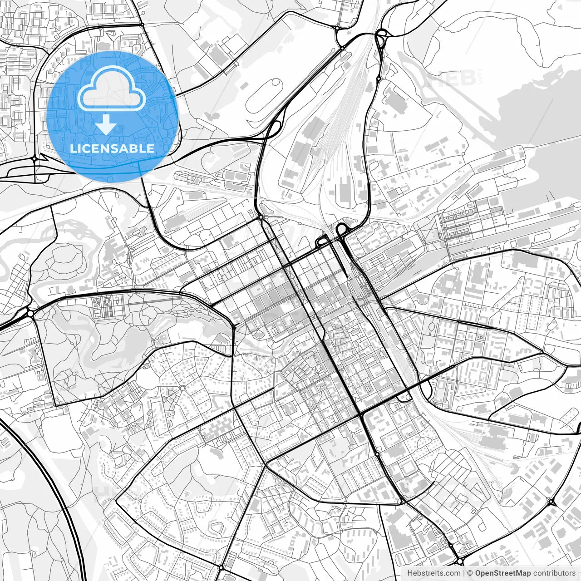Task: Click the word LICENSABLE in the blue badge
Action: coord(112,148)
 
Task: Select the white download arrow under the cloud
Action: coord(106,124)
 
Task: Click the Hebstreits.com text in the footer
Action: coord(433,573)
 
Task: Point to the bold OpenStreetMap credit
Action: coord(502,573)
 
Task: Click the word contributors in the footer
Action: coord(554,573)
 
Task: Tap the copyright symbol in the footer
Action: coord(471,573)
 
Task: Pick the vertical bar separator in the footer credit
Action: coord(463,573)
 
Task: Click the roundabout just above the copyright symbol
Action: coord(460,561)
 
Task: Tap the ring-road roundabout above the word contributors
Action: coord(552,502)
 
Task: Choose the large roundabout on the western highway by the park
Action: coord(30,313)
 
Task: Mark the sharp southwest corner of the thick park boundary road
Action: coord(55,405)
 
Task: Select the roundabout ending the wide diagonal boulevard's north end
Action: coord(261,217)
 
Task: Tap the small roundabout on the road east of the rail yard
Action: coord(379,79)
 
